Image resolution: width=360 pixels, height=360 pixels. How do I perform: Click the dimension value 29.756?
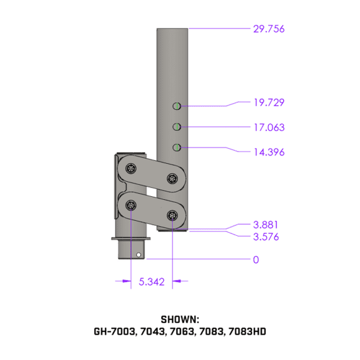(x=268, y=29)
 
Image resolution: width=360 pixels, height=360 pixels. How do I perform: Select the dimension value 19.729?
(x=268, y=102)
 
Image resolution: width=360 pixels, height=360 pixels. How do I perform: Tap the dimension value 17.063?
(x=268, y=128)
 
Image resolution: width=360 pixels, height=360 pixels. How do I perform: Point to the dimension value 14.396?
(x=268, y=151)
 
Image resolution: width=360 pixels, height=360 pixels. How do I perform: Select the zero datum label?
(x=256, y=259)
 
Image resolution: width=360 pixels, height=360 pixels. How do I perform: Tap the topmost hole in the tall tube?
(x=177, y=106)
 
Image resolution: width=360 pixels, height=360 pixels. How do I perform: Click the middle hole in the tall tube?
(x=177, y=127)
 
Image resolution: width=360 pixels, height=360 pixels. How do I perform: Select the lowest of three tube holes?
(x=177, y=147)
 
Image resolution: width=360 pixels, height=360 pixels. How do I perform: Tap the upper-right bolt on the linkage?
(x=172, y=179)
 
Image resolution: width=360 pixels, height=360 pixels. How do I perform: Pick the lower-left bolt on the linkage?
(x=130, y=205)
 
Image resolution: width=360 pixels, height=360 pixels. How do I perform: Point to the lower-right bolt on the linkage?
(x=172, y=215)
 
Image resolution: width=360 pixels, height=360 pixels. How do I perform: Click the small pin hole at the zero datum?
(x=138, y=254)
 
